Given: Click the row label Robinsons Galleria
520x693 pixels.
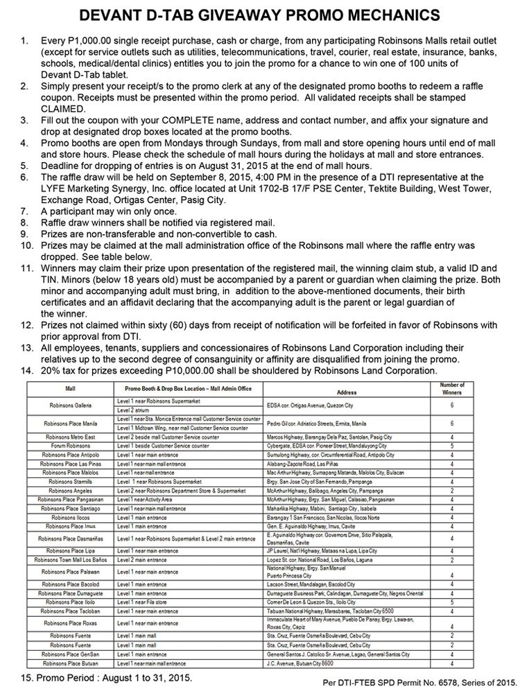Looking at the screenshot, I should click(x=71, y=404).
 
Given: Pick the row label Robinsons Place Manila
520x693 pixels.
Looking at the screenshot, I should click(x=71, y=423).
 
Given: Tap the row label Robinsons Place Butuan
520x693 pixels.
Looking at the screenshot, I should click(x=71, y=664).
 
